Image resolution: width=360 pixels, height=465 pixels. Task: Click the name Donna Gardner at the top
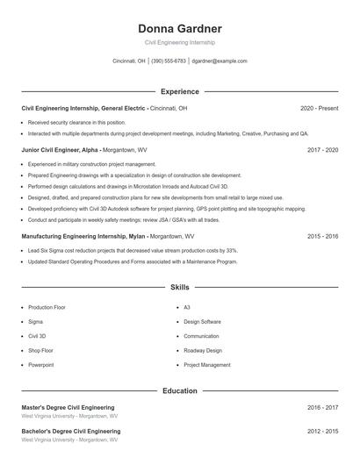(x=180, y=28)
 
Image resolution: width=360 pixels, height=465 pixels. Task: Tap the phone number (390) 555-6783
(x=169, y=61)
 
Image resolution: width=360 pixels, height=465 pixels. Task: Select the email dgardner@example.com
(x=220, y=61)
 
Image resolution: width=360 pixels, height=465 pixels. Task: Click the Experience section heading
(x=180, y=91)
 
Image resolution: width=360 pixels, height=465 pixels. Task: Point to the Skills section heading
(x=180, y=287)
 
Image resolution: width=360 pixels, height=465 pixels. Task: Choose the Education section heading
(x=180, y=390)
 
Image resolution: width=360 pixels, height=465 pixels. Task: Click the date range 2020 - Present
(x=319, y=108)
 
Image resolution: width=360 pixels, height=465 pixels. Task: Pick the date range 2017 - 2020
(x=322, y=150)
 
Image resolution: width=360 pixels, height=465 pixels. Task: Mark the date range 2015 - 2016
(x=322, y=236)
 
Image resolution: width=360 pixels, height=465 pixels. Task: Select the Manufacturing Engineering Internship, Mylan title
(x=83, y=236)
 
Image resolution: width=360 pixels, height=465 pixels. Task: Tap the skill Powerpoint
(x=40, y=364)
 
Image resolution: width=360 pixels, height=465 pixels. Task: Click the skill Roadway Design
(x=203, y=350)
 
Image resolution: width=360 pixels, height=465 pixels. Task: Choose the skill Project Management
(x=207, y=364)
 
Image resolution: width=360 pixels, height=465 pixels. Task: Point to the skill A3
(x=187, y=308)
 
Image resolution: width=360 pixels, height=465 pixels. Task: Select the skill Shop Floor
(x=40, y=350)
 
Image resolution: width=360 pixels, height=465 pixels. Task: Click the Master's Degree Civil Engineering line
(x=68, y=407)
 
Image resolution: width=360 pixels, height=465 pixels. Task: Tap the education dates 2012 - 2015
(x=322, y=431)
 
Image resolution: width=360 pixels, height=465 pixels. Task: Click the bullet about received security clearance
(x=76, y=123)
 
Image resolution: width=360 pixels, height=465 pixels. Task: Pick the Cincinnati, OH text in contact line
(x=129, y=61)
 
